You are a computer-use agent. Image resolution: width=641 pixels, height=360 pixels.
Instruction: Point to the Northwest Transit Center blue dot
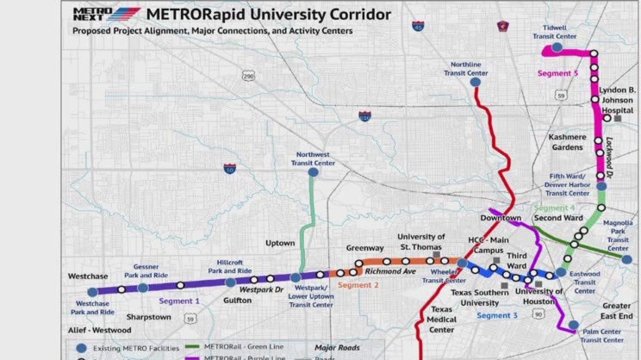click(x=313, y=172)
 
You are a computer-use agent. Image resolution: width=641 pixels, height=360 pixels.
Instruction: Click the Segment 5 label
click(x=557, y=74)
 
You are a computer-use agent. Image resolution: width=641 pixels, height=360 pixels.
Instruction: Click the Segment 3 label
click(x=497, y=315)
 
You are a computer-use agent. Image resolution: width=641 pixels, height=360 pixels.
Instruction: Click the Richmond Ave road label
click(x=390, y=272)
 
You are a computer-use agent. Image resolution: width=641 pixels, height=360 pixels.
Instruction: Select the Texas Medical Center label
click(x=442, y=320)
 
